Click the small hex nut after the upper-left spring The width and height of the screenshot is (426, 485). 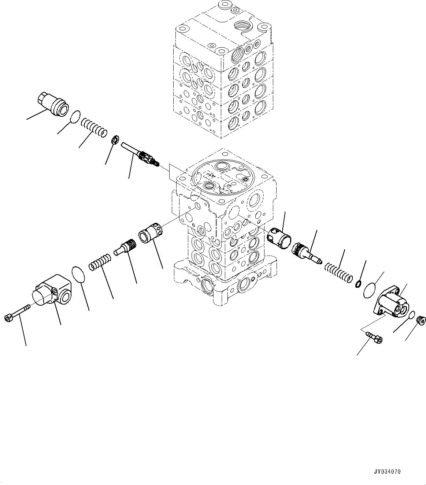[x=114, y=139]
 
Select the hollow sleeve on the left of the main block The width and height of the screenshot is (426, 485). [x=151, y=234]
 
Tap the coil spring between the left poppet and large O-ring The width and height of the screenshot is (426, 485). [x=99, y=261]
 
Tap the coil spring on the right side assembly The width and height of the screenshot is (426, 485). [x=338, y=272]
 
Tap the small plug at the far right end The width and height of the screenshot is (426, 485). [x=422, y=321]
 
